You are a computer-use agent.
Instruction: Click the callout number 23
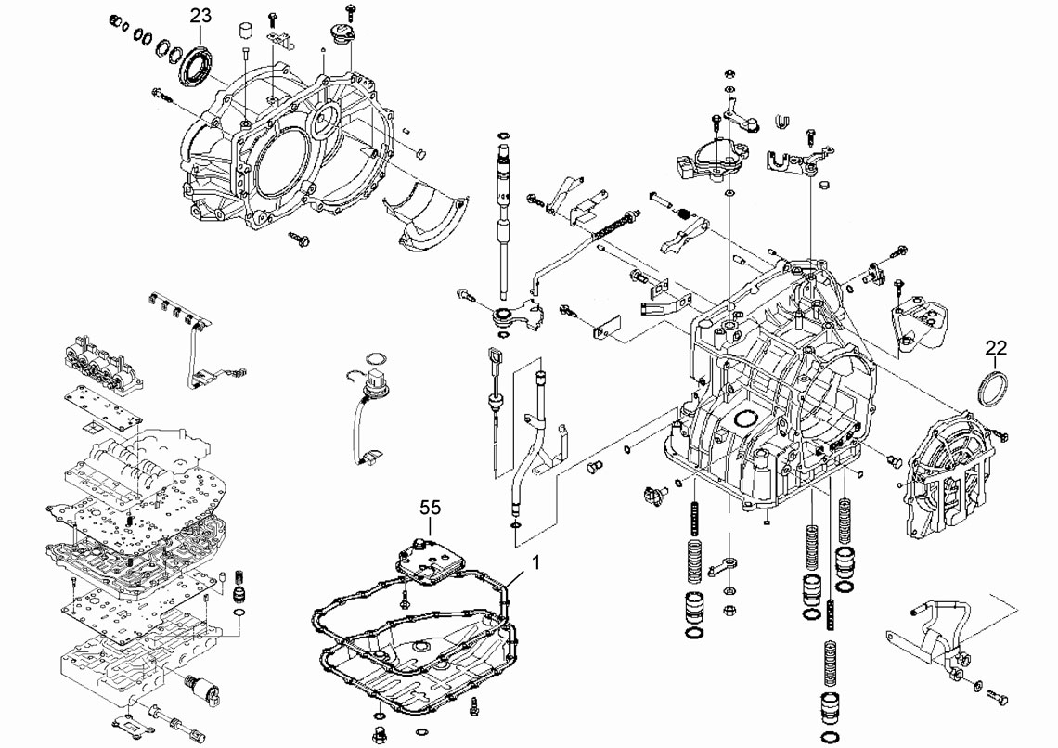coord(200,16)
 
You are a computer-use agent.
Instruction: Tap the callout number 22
coord(996,348)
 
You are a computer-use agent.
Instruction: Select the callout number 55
coord(430,508)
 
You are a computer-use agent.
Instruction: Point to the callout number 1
coord(535,562)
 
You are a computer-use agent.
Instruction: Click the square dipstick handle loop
coord(494,355)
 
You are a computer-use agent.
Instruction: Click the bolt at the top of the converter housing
coord(351,10)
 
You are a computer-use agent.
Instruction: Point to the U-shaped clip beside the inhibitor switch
coord(781,121)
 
